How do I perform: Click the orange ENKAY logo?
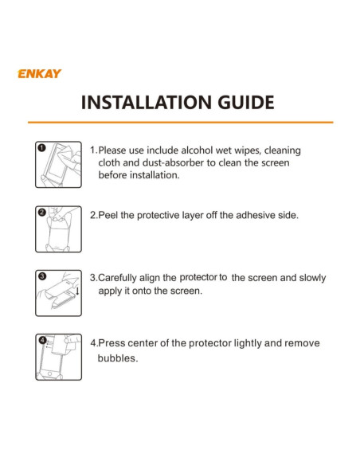click(x=40, y=73)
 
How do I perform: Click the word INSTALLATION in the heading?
click(x=147, y=103)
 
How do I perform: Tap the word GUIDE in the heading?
click(x=246, y=103)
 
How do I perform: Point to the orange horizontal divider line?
click(x=180, y=122)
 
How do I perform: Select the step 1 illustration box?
click(x=58, y=165)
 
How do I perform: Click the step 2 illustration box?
click(x=58, y=229)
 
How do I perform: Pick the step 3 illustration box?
click(x=58, y=293)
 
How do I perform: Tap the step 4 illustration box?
click(x=58, y=357)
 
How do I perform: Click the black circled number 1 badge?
click(x=41, y=147)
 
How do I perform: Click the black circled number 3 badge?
click(x=41, y=276)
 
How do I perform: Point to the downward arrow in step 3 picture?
click(x=77, y=291)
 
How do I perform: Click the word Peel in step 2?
click(x=108, y=215)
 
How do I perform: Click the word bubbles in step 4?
click(x=118, y=358)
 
